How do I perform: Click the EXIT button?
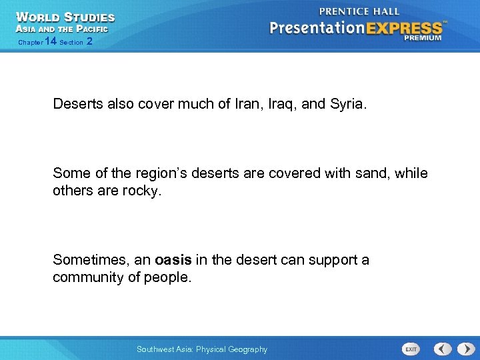(x=411, y=349)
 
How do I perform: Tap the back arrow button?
(x=443, y=349)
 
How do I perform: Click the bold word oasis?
(x=174, y=259)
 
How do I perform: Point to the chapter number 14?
(x=51, y=42)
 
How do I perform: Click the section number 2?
(x=89, y=42)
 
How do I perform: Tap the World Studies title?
(x=65, y=17)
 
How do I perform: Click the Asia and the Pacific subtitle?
(x=61, y=29)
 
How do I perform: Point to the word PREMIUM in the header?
(x=422, y=39)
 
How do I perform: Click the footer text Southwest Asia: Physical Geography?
(x=201, y=349)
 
